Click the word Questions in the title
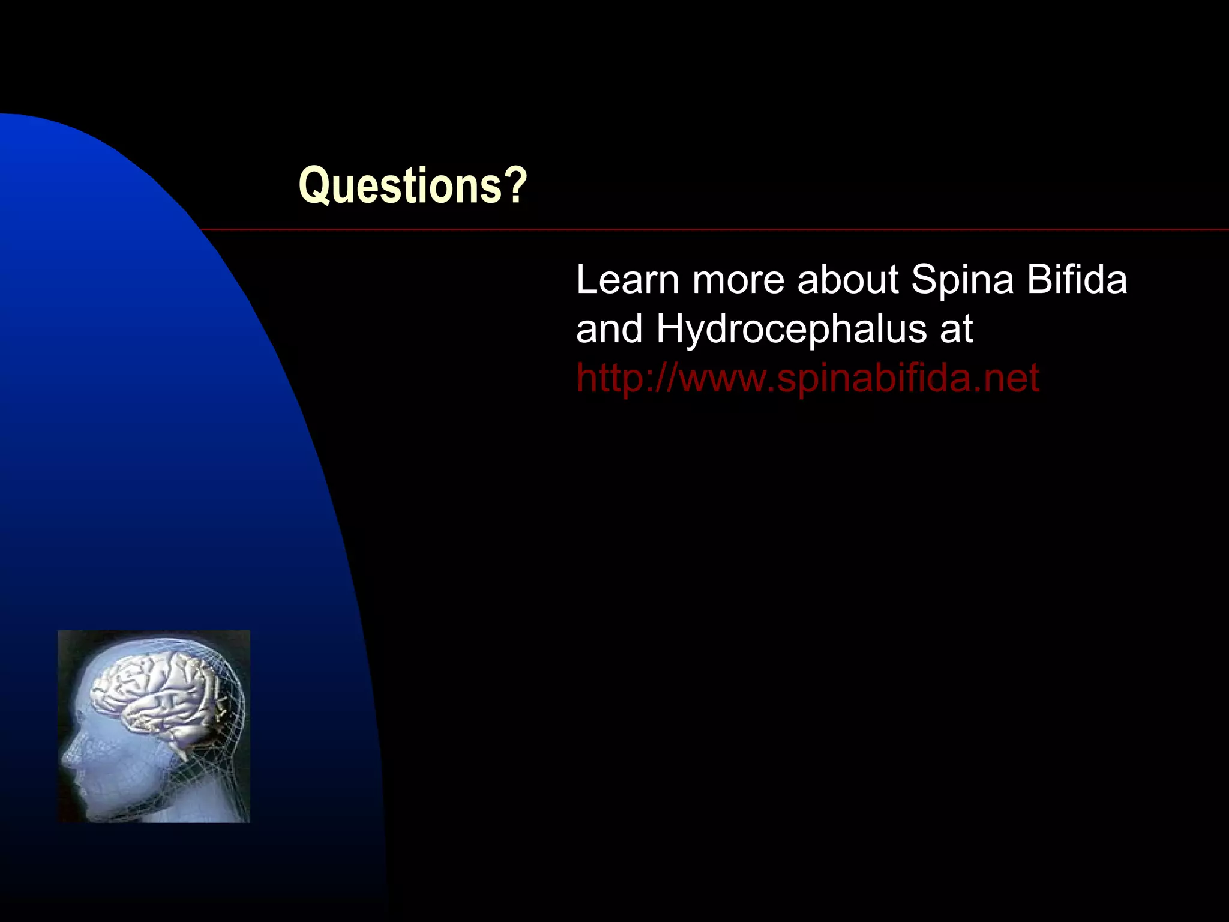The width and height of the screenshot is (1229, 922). click(400, 186)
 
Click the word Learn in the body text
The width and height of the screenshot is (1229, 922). click(627, 280)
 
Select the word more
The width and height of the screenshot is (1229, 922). click(738, 281)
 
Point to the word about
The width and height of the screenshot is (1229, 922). click(847, 280)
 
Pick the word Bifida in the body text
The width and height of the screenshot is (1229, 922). click(1077, 280)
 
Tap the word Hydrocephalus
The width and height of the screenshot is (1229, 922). click(791, 330)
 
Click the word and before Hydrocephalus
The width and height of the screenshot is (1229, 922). click(609, 330)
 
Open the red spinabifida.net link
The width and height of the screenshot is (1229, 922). click(807, 379)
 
